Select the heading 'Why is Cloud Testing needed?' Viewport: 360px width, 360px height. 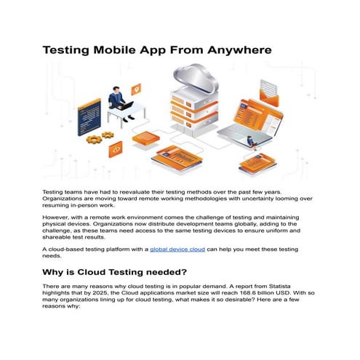click(124, 272)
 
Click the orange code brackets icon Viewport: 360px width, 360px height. click(115, 149)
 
